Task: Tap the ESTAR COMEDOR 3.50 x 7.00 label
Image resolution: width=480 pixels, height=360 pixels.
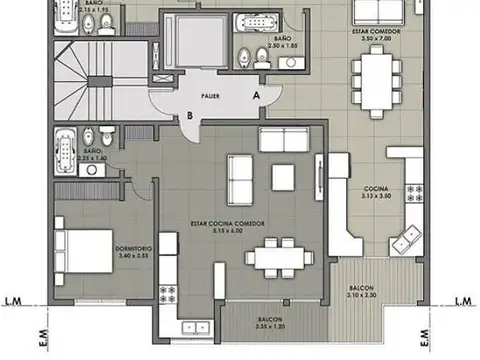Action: [377, 34]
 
